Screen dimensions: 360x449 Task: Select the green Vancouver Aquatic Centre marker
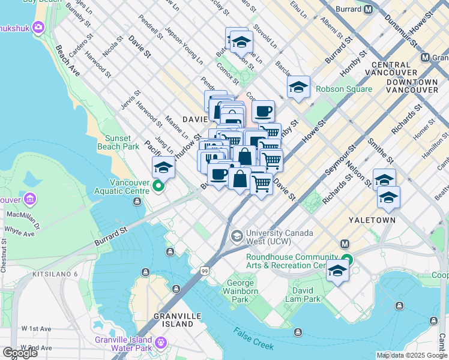click(158, 186)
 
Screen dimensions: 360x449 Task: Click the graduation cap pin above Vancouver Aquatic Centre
click(163, 167)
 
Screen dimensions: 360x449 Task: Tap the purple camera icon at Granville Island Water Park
click(160, 343)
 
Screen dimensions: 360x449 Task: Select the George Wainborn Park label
click(247, 291)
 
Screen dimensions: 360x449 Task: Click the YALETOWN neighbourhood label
click(372, 220)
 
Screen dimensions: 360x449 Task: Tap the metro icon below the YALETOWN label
click(345, 244)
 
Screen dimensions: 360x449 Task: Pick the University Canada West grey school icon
click(237, 235)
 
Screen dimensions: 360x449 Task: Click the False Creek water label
click(254, 339)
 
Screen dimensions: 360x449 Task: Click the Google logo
click(20, 352)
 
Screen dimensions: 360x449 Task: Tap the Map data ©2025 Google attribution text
click(411, 355)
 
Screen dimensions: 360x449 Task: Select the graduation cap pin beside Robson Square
click(298, 88)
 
